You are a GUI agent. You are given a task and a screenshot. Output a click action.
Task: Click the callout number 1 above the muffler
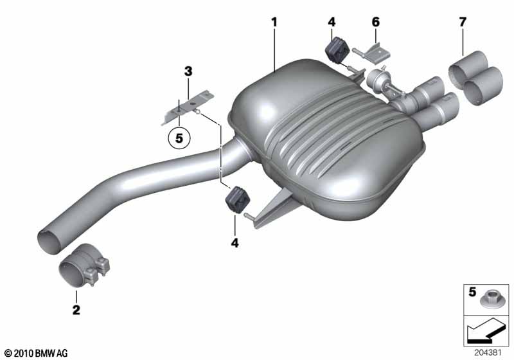click(274, 22)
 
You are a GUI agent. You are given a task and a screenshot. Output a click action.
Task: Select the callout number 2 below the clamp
click(76, 309)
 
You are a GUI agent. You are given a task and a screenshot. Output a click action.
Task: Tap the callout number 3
click(188, 71)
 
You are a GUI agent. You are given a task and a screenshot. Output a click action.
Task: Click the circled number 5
click(179, 138)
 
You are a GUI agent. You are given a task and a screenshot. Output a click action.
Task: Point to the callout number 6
click(376, 22)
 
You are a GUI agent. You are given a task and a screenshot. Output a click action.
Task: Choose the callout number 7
click(463, 22)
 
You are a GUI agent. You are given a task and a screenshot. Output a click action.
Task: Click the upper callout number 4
click(332, 22)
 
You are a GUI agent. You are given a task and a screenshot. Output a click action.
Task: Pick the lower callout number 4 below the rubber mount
click(235, 243)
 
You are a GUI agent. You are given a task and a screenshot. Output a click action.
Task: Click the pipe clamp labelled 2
click(84, 265)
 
